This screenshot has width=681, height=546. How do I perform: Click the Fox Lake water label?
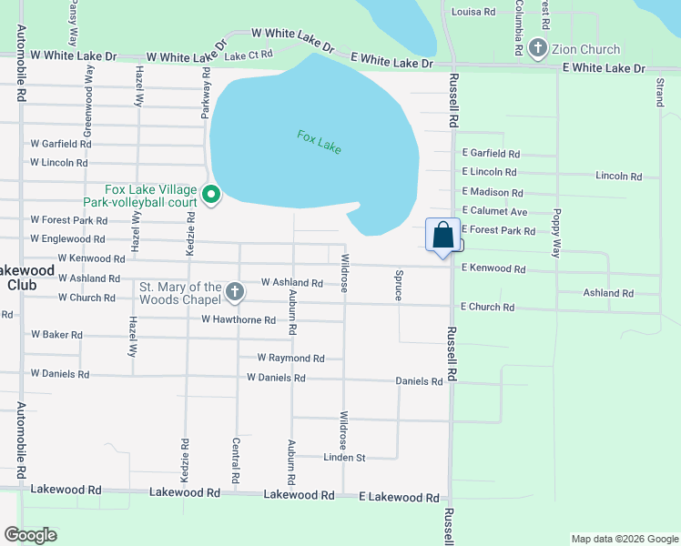[x=319, y=142]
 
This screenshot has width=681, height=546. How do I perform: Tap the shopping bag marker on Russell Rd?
[x=442, y=236]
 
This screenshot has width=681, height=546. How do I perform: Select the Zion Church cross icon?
[x=538, y=49]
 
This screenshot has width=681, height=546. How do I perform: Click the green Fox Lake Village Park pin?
[x=211, y=195]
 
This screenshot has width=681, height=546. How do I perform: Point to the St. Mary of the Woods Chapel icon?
[x=235, y=292]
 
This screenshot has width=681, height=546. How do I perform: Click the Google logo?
[x=30, y=535]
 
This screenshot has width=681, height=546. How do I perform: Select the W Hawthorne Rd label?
[x=239, y=320]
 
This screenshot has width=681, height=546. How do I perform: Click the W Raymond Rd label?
[x=290, y=359]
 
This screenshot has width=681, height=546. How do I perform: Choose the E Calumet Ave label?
[x=494, y=211]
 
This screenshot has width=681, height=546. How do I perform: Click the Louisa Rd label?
[x=473, y=12]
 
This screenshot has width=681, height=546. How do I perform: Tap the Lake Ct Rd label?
[x=249, y=55]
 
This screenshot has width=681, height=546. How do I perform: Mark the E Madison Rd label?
[x=492, y=192]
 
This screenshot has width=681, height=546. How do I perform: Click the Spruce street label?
[x=398, y=286]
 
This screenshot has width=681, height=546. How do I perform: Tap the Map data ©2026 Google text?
[x=624, y=539]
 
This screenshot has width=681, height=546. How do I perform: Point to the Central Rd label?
[x=236, y=460]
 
